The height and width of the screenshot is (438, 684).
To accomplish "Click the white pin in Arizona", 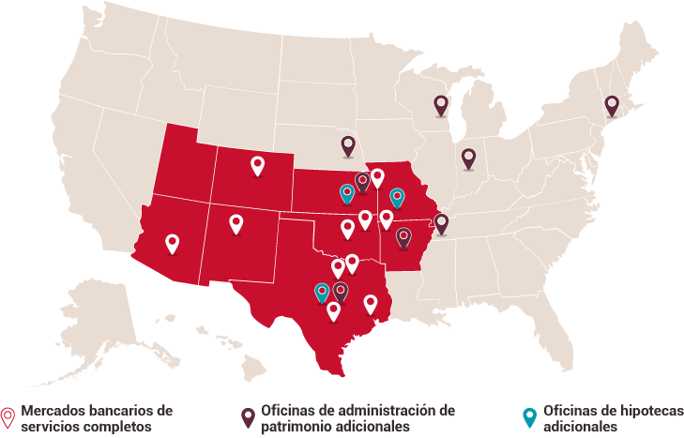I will tap(172, 243).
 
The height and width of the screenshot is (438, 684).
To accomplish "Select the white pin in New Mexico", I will tap(236, 223).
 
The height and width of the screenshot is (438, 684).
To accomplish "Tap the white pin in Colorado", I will tap(258, 165).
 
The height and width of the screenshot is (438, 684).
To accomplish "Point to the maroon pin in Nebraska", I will tap(348, 144).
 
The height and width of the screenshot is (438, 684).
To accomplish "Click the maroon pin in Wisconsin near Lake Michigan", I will tap(441, 104).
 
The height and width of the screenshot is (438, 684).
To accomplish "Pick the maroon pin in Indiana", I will tap(468, 158).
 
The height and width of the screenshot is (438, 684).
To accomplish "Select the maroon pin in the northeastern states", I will tap(612, 104).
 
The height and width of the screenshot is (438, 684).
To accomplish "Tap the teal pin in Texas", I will tap(323, 292).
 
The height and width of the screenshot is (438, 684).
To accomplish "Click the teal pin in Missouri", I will tap(397, 197).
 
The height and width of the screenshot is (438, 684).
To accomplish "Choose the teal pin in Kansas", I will tap(347, 193).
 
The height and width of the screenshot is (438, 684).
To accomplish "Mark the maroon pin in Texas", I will tap(341, 291).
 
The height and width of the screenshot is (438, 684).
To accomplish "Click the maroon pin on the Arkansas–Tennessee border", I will tap(441, 222).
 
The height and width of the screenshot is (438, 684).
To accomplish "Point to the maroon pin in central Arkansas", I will tap(403, 236).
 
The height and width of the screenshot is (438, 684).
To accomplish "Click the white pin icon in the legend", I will tap(8, 417).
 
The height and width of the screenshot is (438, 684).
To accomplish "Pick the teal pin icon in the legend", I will tap(529, 417).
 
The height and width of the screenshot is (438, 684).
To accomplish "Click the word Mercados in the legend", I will tap(50, 411).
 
